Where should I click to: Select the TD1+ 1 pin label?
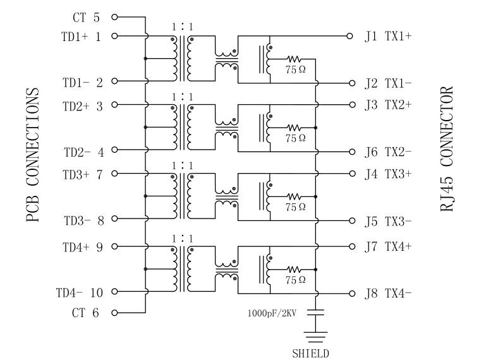[x=82, y=36]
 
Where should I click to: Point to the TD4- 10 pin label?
[x=79, y=292]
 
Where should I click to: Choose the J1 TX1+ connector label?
[x=389, y=36]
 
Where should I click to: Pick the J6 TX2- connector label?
[x=389, y=152]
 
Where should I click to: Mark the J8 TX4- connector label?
[x=389, y=293]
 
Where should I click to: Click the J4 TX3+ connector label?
[x=389, y=174]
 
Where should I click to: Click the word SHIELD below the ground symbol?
[x=310, y=354]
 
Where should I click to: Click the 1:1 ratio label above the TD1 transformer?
[x=182, y=27]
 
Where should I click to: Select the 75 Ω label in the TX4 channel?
[x=295, y=279]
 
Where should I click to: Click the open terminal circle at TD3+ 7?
[x=114, y=174]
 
